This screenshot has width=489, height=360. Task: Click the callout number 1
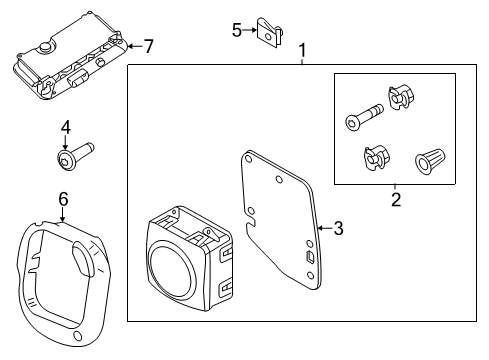302,50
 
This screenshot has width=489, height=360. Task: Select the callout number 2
396,199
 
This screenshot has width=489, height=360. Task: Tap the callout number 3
338,228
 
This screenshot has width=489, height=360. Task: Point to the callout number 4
66,127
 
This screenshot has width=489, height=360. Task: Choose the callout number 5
237,30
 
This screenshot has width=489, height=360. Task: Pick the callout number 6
63,199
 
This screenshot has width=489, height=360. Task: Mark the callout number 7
149,46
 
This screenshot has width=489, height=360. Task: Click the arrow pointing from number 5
249,30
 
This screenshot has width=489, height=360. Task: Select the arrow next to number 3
325,228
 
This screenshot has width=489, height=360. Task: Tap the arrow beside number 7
135,46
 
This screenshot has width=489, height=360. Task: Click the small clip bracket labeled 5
270,33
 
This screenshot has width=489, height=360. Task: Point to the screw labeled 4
75,156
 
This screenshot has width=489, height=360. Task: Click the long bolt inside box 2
364,117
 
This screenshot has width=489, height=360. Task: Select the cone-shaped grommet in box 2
430,161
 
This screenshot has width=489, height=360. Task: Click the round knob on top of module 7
45,47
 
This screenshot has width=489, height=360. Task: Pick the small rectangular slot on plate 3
309,257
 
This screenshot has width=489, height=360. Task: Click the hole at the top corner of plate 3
248,158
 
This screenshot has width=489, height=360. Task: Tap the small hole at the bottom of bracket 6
78,336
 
